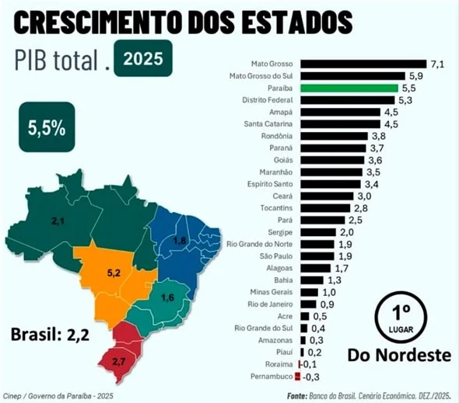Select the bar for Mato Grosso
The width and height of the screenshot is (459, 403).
point(361,63)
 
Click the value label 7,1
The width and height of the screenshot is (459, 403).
point(438,63)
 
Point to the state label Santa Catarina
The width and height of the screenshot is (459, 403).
point(268,124)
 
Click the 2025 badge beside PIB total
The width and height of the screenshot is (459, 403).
point(142,58)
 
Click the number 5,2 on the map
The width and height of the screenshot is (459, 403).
point(113,273)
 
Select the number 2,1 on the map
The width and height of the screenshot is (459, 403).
point(57,223)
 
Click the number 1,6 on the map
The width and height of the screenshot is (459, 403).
point(167,297)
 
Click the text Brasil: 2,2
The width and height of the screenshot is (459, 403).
point(51,335)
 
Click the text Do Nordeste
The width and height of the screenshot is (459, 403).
point(399,356)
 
